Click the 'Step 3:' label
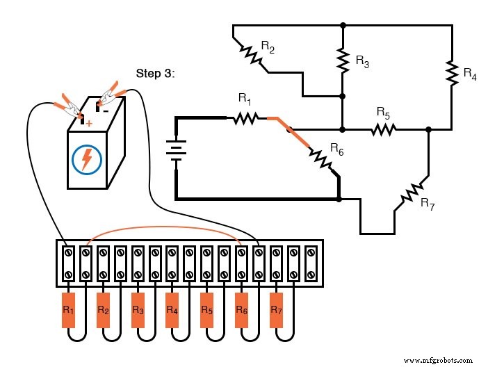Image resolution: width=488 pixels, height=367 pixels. (155, 73)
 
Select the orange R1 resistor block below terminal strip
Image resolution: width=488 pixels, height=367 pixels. (68, 309)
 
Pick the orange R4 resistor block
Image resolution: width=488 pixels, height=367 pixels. (172, 309)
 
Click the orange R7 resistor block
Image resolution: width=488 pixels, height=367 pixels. (276, 309)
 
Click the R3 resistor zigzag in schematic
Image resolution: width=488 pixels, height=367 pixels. (342, 60)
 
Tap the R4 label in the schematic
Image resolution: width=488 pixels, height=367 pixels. (470, 73)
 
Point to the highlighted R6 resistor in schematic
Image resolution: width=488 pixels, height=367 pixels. (321, 157)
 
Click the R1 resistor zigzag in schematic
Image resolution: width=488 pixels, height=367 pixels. (245, 119)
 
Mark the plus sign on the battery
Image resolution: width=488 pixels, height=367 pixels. (88, 123)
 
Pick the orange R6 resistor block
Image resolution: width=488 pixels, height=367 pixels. (241, 309)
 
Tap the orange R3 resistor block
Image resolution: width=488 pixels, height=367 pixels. (137, 309)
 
